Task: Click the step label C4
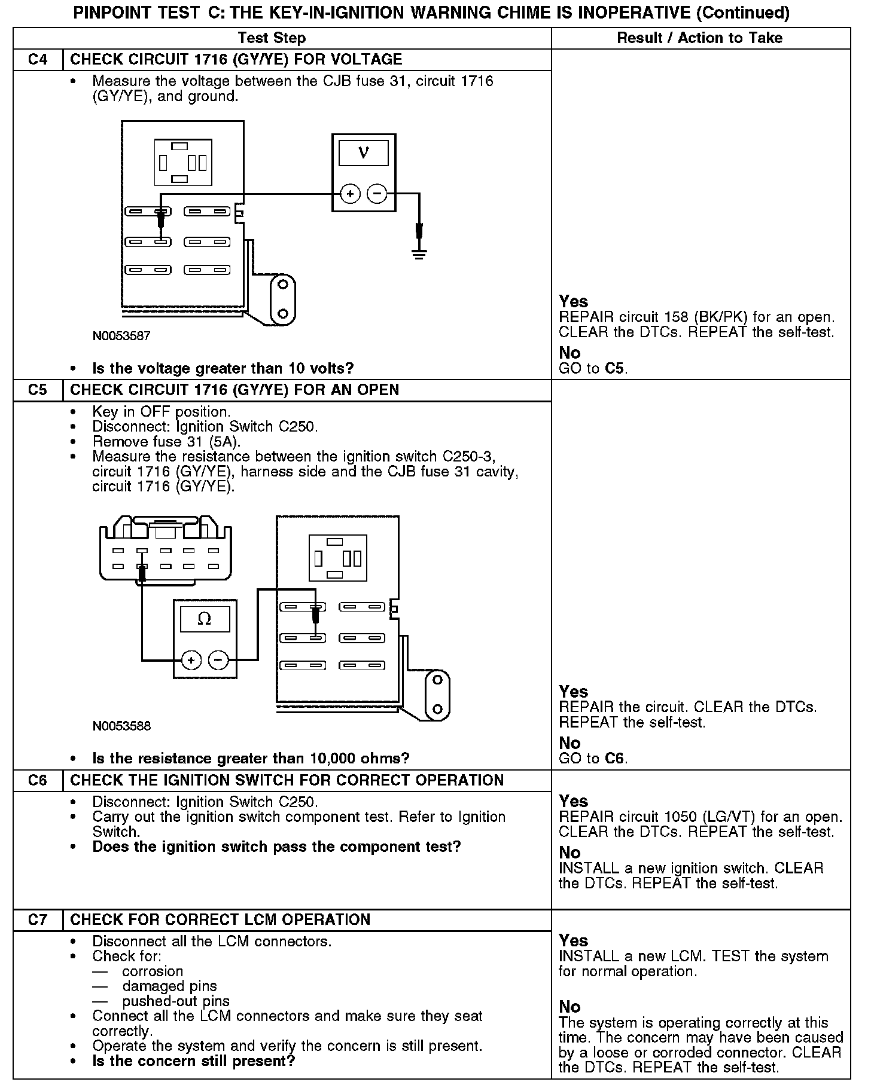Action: pos(37,60)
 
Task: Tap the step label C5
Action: pos(37,390)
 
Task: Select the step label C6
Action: pos(37,781)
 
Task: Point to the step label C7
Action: pos(37,920)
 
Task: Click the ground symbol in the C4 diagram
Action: pos(419,253)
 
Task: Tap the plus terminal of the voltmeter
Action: pos(350,194)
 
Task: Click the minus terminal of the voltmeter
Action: pos(377,194)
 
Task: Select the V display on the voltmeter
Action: pos(363,153)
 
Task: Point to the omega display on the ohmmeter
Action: pos(205,619)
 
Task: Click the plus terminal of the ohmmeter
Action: pos(191,661)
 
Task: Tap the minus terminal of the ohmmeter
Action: pos(218,661)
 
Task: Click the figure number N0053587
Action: pos(121,336)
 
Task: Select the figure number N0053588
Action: pos(121,726)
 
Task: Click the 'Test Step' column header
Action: pos(272,38)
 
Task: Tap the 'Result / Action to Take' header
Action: pos(699,38)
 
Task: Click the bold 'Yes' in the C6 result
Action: pos(573,801)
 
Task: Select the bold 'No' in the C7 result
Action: pos(569,1007)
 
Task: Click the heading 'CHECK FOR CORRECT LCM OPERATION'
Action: pos(220,920)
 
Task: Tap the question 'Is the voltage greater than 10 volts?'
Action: pos(223,368)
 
